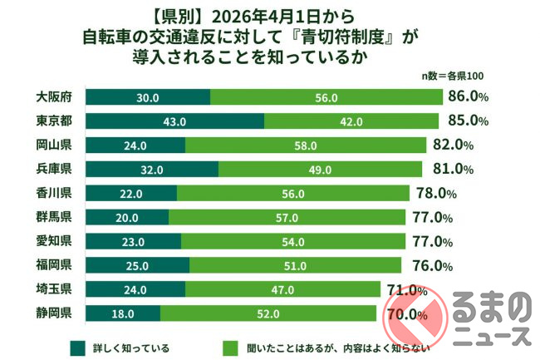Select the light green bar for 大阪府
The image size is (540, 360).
click(326, 98)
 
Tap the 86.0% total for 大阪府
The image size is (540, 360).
click(468, 98)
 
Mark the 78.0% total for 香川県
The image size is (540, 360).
click(435, 195)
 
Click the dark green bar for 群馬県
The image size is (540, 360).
click(127, 218)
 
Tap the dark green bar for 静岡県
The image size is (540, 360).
click(123, 314)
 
